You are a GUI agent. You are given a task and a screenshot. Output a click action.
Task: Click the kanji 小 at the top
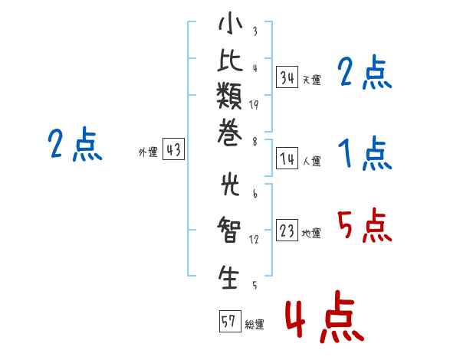point(230,23)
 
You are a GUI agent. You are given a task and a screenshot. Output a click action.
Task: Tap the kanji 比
point(230,60)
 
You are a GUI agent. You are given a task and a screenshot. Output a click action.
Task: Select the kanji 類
point(229,96)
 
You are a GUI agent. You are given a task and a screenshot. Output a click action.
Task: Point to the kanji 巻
point(229,133)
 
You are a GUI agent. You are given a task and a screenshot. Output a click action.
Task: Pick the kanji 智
point(229,229)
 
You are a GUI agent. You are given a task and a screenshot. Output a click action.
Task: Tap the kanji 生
point(228,277)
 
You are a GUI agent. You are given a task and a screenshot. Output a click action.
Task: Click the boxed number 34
point(287,77)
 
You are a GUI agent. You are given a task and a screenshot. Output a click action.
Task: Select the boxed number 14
point(287,159)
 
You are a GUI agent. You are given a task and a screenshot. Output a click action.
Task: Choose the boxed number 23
point(287,230)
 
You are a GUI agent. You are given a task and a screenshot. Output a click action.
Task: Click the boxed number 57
point(230,321)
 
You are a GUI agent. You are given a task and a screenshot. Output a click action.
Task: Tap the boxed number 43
point(173,149)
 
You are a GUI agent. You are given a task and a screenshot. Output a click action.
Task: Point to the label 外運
point(148,152)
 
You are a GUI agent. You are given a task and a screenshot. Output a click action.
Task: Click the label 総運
point(255,324)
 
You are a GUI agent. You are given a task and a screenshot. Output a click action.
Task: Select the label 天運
point(312,80)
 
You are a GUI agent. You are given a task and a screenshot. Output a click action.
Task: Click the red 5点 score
point(365,225)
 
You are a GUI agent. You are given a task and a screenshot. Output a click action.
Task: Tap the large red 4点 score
point(325,316)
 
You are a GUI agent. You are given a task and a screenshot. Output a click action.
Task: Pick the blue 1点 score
point(365,153)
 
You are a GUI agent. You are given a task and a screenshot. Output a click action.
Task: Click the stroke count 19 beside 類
point(254,105)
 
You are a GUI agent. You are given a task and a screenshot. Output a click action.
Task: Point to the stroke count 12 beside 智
point(254,240)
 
